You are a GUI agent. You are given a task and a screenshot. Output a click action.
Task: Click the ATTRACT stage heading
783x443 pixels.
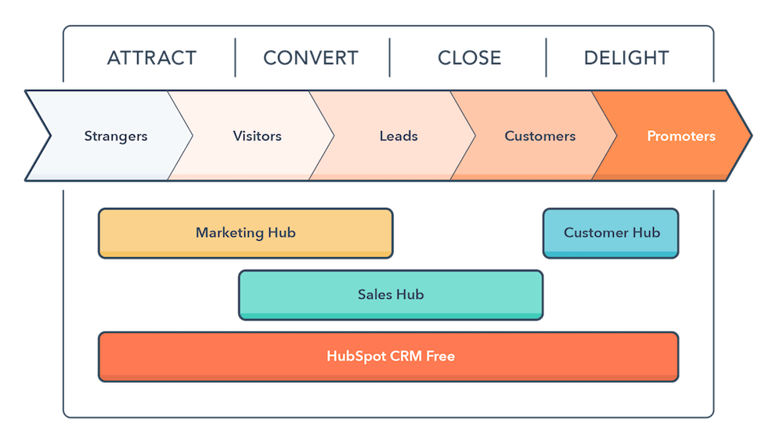coord(151,58)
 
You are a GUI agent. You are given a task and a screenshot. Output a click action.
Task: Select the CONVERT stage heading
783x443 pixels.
coord(311,58)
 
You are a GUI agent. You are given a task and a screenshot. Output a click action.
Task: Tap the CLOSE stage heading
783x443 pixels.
coord(469,58)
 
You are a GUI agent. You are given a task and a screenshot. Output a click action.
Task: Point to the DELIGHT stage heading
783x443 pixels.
coord(626,58)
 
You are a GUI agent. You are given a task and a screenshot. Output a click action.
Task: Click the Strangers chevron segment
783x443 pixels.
coord(115,136)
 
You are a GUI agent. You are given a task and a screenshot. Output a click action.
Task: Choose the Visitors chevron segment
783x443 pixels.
coord(257,136)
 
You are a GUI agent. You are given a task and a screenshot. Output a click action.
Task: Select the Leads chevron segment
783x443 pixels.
coord(399,136)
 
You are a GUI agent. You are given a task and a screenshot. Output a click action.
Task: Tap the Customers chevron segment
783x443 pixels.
coord(539,136)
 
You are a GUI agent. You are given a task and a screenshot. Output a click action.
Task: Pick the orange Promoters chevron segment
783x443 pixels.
coord(680,136)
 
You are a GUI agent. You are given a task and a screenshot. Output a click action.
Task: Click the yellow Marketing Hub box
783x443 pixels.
coord(245,233)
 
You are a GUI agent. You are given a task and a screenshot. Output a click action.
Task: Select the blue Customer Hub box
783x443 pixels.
coord(611,233)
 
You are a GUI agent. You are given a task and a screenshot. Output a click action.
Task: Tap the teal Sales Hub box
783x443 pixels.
coord(390,295)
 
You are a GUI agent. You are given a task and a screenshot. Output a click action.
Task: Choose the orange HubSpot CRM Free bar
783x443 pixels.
coord(388,356)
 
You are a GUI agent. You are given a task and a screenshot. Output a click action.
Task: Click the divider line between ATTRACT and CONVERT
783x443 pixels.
coord(235,58)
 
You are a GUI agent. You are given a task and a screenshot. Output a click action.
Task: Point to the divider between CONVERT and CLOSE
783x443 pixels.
coord(389,58)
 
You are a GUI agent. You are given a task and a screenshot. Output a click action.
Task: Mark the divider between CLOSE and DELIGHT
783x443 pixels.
coord(546,58)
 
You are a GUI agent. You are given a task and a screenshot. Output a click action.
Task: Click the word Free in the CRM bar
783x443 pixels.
coord(440,356)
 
